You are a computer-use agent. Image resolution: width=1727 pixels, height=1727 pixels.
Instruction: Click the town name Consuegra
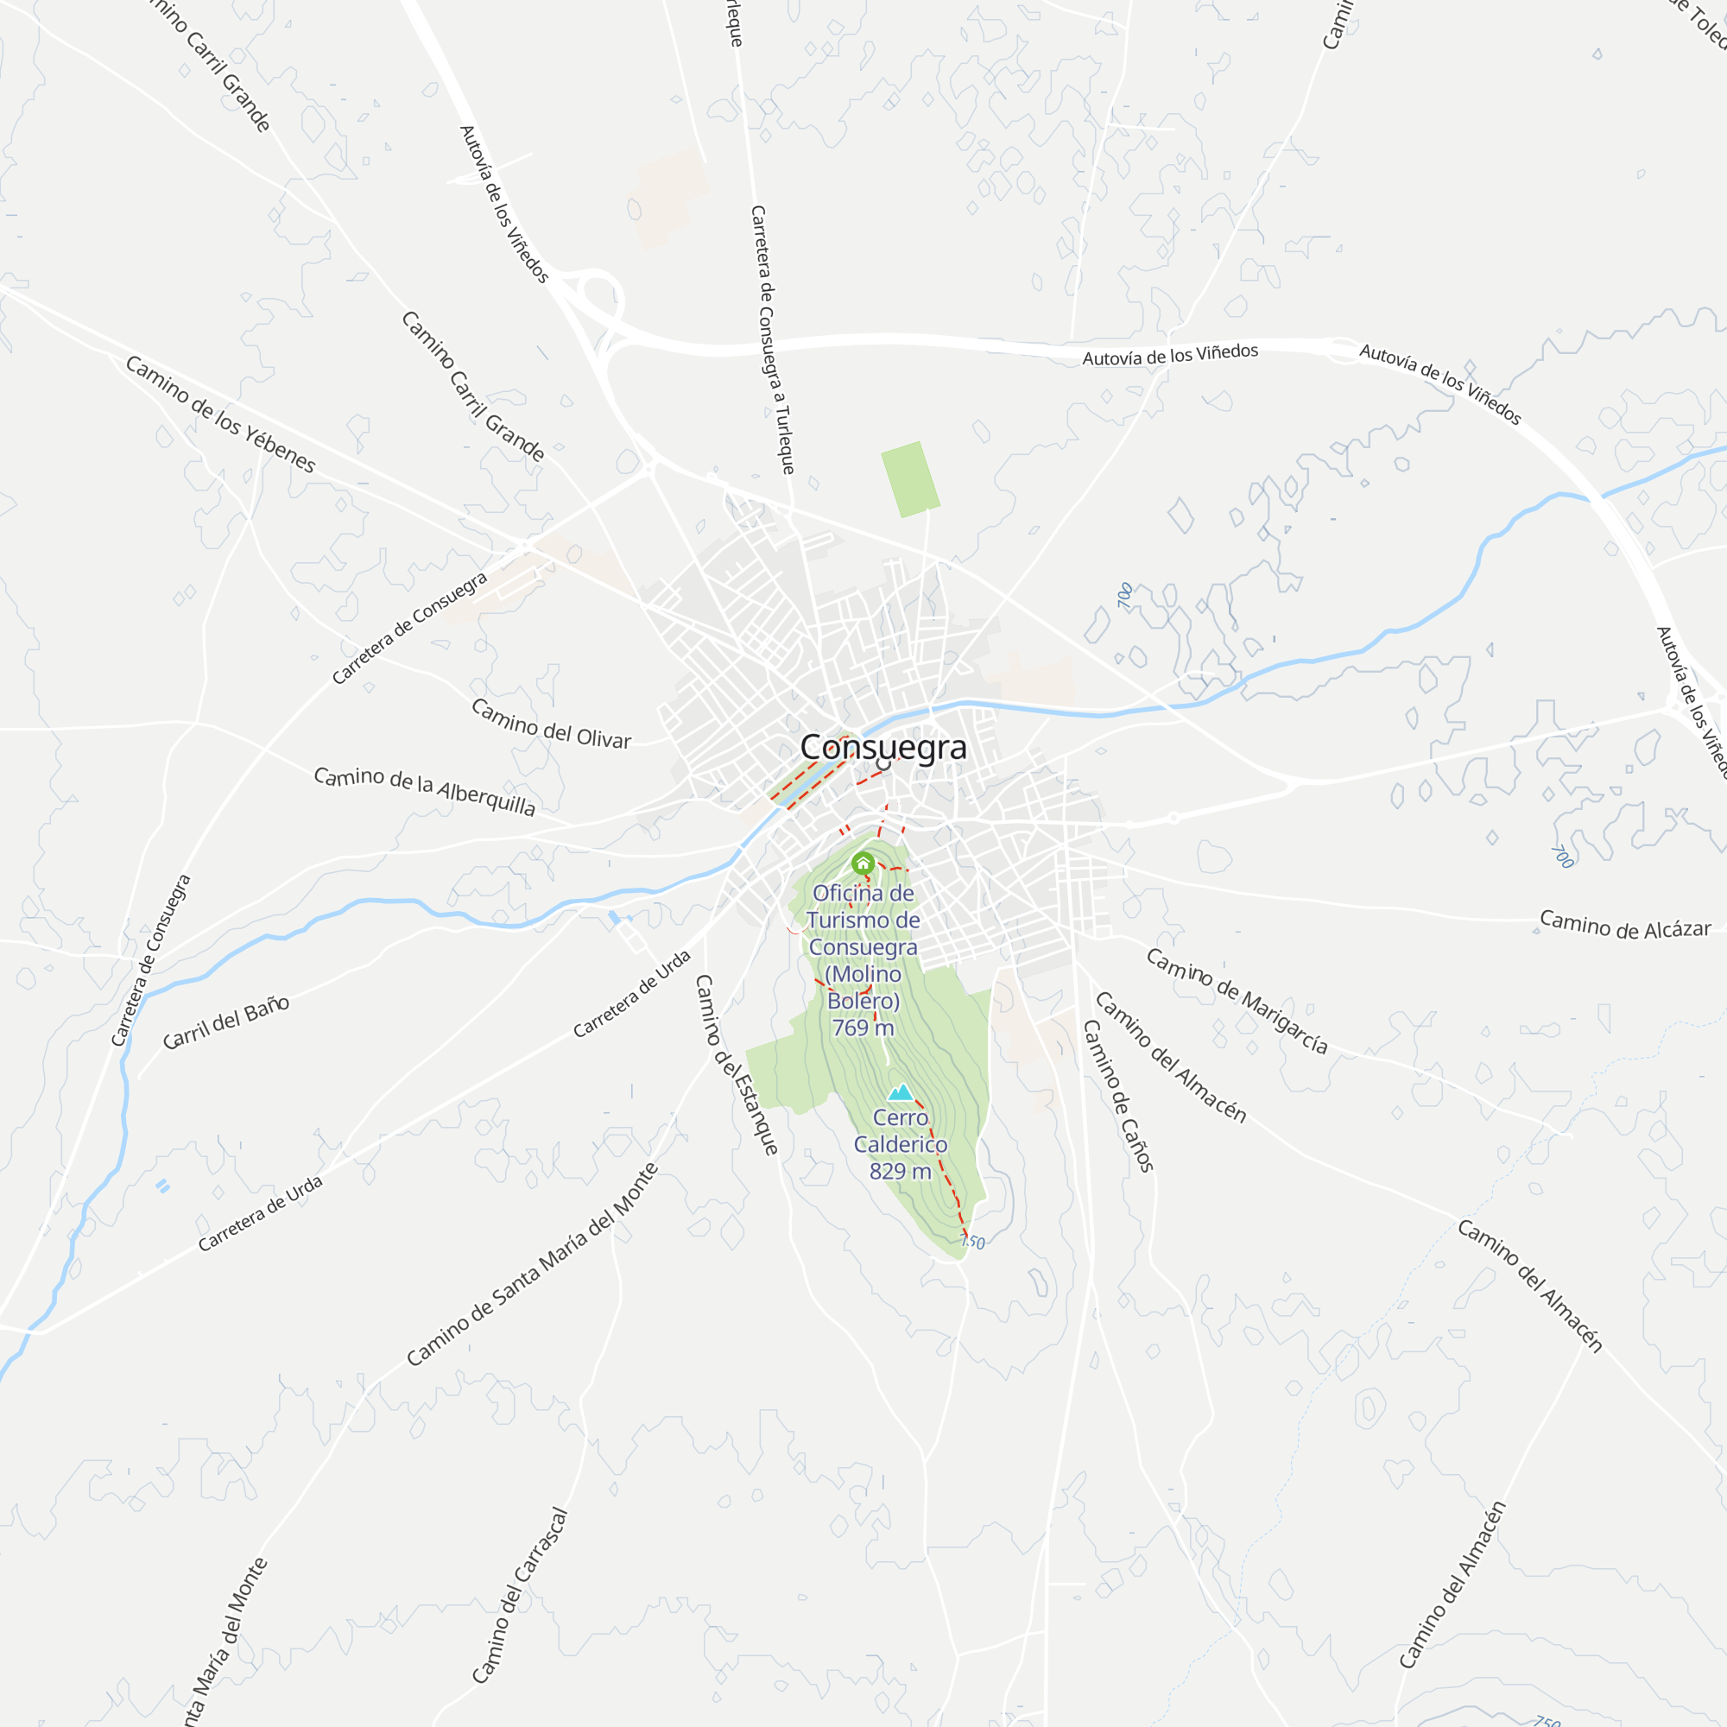[882, 747]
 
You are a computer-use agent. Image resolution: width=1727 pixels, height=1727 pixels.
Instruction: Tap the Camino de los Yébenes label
[220, 414]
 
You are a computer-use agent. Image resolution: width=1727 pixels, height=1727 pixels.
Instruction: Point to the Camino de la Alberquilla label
[425, 790]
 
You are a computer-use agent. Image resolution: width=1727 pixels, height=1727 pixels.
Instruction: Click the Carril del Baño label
[226, 1022]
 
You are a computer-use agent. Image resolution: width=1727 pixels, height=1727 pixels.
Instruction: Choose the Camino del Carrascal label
[520, 1596]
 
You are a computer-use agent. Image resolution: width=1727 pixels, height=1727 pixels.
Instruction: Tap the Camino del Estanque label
[737, 1065]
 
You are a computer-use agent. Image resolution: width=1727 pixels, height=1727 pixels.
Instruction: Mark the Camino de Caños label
[1118, 1095]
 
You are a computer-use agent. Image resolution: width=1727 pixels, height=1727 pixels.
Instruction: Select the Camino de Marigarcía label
[1237, 1001]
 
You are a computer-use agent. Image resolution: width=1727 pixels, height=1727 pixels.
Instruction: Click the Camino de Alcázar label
[1625, 925]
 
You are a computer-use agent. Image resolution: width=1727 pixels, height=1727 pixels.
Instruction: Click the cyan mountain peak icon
[900, 1091]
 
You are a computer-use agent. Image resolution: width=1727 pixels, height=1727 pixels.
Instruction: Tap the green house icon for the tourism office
[863, 863]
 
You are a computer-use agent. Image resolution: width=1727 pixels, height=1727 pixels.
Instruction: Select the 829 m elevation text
[900, 1171]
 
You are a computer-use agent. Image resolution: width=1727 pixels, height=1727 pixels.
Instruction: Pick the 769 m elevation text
[863, 1028]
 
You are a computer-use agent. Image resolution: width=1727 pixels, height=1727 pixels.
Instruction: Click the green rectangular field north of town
[910, 479]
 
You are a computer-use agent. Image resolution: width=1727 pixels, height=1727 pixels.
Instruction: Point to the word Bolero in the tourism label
[863, 1001]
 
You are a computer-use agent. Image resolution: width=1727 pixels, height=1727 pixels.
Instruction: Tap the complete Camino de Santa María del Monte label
[533, 1264]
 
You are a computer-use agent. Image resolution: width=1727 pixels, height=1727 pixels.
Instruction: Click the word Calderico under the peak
[900, 1144]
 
